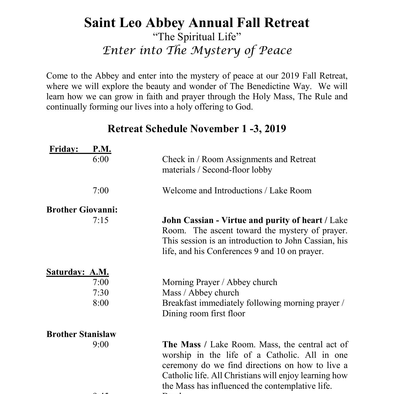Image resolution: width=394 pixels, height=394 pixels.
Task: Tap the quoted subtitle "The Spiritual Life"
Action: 197,37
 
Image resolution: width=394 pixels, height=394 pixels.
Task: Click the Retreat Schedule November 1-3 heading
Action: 197,129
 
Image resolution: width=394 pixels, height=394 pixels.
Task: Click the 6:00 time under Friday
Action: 101,159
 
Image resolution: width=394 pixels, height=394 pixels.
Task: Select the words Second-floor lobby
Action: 237,170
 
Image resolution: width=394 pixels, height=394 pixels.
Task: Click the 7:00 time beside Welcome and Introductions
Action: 101,190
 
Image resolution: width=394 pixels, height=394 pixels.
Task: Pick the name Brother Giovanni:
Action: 82,210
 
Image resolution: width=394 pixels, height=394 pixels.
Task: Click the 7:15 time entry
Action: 101,220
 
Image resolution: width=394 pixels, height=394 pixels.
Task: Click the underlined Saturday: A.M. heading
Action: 77,272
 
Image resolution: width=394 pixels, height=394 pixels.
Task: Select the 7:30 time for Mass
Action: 101,293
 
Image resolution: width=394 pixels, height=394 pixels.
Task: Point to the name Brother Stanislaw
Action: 81,334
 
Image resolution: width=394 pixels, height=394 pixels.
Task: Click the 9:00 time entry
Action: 101,344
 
